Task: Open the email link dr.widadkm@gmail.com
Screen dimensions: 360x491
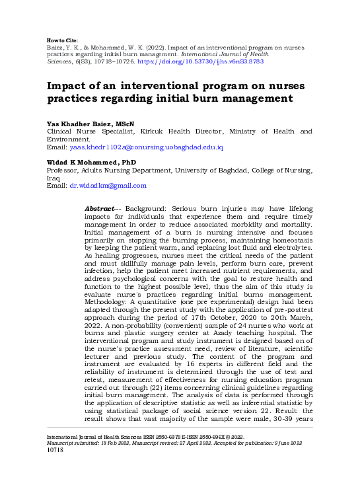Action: (x=108, y=186)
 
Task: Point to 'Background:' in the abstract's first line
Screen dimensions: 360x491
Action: (x=147, y=209)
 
